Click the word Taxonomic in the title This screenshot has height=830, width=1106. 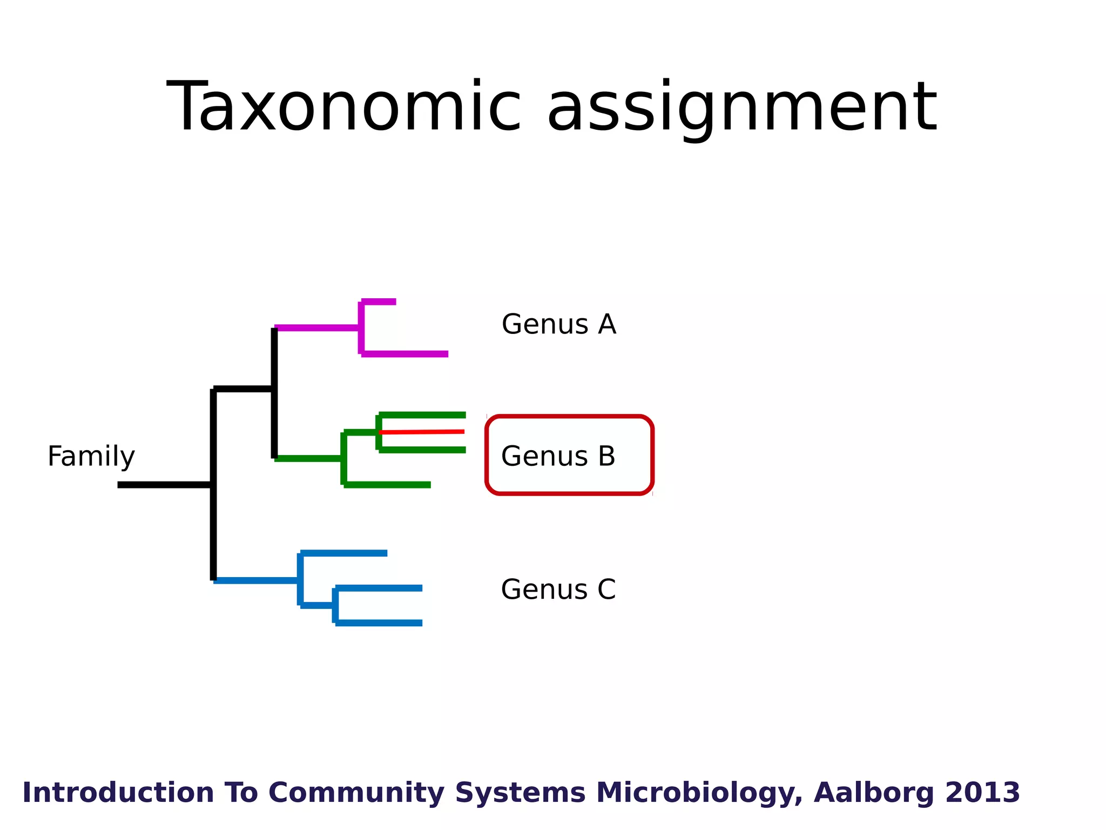point(343,106)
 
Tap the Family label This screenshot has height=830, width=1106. point(91,457)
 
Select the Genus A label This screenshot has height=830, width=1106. point(558,325)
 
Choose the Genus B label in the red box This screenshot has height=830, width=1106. point(558,457)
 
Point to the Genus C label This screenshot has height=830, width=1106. point(558,590)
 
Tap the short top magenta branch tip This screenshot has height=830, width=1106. point(379,302)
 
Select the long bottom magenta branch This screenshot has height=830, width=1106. point(405,354)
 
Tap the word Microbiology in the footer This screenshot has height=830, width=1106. point(699,793)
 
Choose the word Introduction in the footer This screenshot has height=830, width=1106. point(118,793)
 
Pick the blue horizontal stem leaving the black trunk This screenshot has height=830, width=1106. point(257,580)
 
